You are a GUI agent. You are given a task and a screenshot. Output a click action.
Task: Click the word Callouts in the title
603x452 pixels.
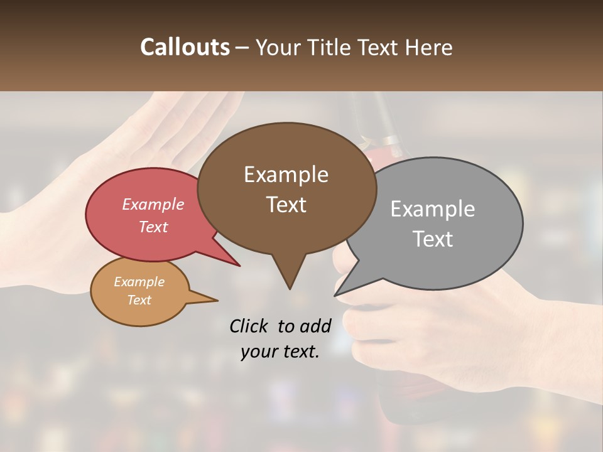click(185, 47)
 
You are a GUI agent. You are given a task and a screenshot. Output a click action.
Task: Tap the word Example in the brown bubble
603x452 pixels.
click(286, 175)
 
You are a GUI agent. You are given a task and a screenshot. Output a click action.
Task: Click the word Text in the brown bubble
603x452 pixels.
click(286, 205)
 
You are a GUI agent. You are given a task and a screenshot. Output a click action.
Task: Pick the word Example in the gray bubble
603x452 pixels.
click(433, 209)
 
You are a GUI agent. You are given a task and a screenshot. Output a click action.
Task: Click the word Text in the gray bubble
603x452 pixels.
click(433, 239)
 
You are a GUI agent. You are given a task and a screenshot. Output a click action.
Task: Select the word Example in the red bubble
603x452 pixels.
click(153, 204)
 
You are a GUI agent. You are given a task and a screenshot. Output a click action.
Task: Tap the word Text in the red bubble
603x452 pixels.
click(153, 227)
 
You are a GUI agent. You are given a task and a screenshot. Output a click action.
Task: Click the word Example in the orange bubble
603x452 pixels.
click(139, 282)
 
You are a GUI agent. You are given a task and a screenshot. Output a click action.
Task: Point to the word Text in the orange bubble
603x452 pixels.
click(139, 300)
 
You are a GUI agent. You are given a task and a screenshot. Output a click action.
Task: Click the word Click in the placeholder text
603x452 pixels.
click(250, 326)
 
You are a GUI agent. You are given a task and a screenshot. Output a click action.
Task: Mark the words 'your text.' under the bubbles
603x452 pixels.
click(280, 352)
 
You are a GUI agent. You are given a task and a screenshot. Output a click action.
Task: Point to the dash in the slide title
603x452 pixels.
click(242, 48)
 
